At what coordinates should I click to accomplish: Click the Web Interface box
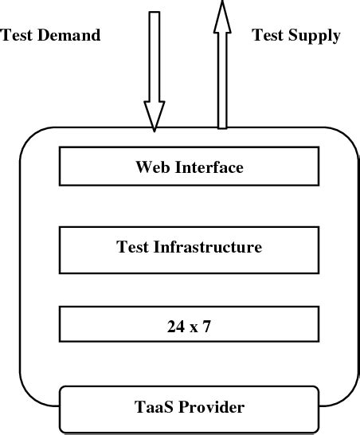click(x=188, y=167)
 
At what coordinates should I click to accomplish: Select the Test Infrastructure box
click(x=188, y=247)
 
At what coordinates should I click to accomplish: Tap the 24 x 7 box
click(x=188, y=324)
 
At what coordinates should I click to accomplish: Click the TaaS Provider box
click(x=188, y=408)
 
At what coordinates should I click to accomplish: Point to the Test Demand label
click(x=52, y=35)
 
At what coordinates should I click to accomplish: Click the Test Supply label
click(x=295, y=35)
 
